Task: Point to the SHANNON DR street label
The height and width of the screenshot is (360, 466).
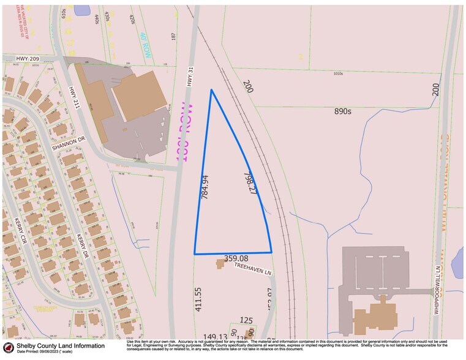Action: (67, 147)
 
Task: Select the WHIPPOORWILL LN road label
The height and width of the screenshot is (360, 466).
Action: (437, 290)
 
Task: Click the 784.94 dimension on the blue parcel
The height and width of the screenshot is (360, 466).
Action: (206, 187)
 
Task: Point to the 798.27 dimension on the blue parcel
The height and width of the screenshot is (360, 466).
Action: (248, 182)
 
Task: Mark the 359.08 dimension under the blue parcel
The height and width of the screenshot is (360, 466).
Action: (236, 258)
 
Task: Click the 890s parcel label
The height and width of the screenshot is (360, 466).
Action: (343, 111)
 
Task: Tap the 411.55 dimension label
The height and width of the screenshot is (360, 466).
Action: (198, 299)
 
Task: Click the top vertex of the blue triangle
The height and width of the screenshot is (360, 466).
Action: (211, 90)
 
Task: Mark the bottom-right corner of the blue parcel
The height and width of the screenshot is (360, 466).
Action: (271, 252)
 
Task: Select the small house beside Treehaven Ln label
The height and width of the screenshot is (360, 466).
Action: (220, 263)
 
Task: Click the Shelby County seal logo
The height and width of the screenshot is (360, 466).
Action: (8, 347)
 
